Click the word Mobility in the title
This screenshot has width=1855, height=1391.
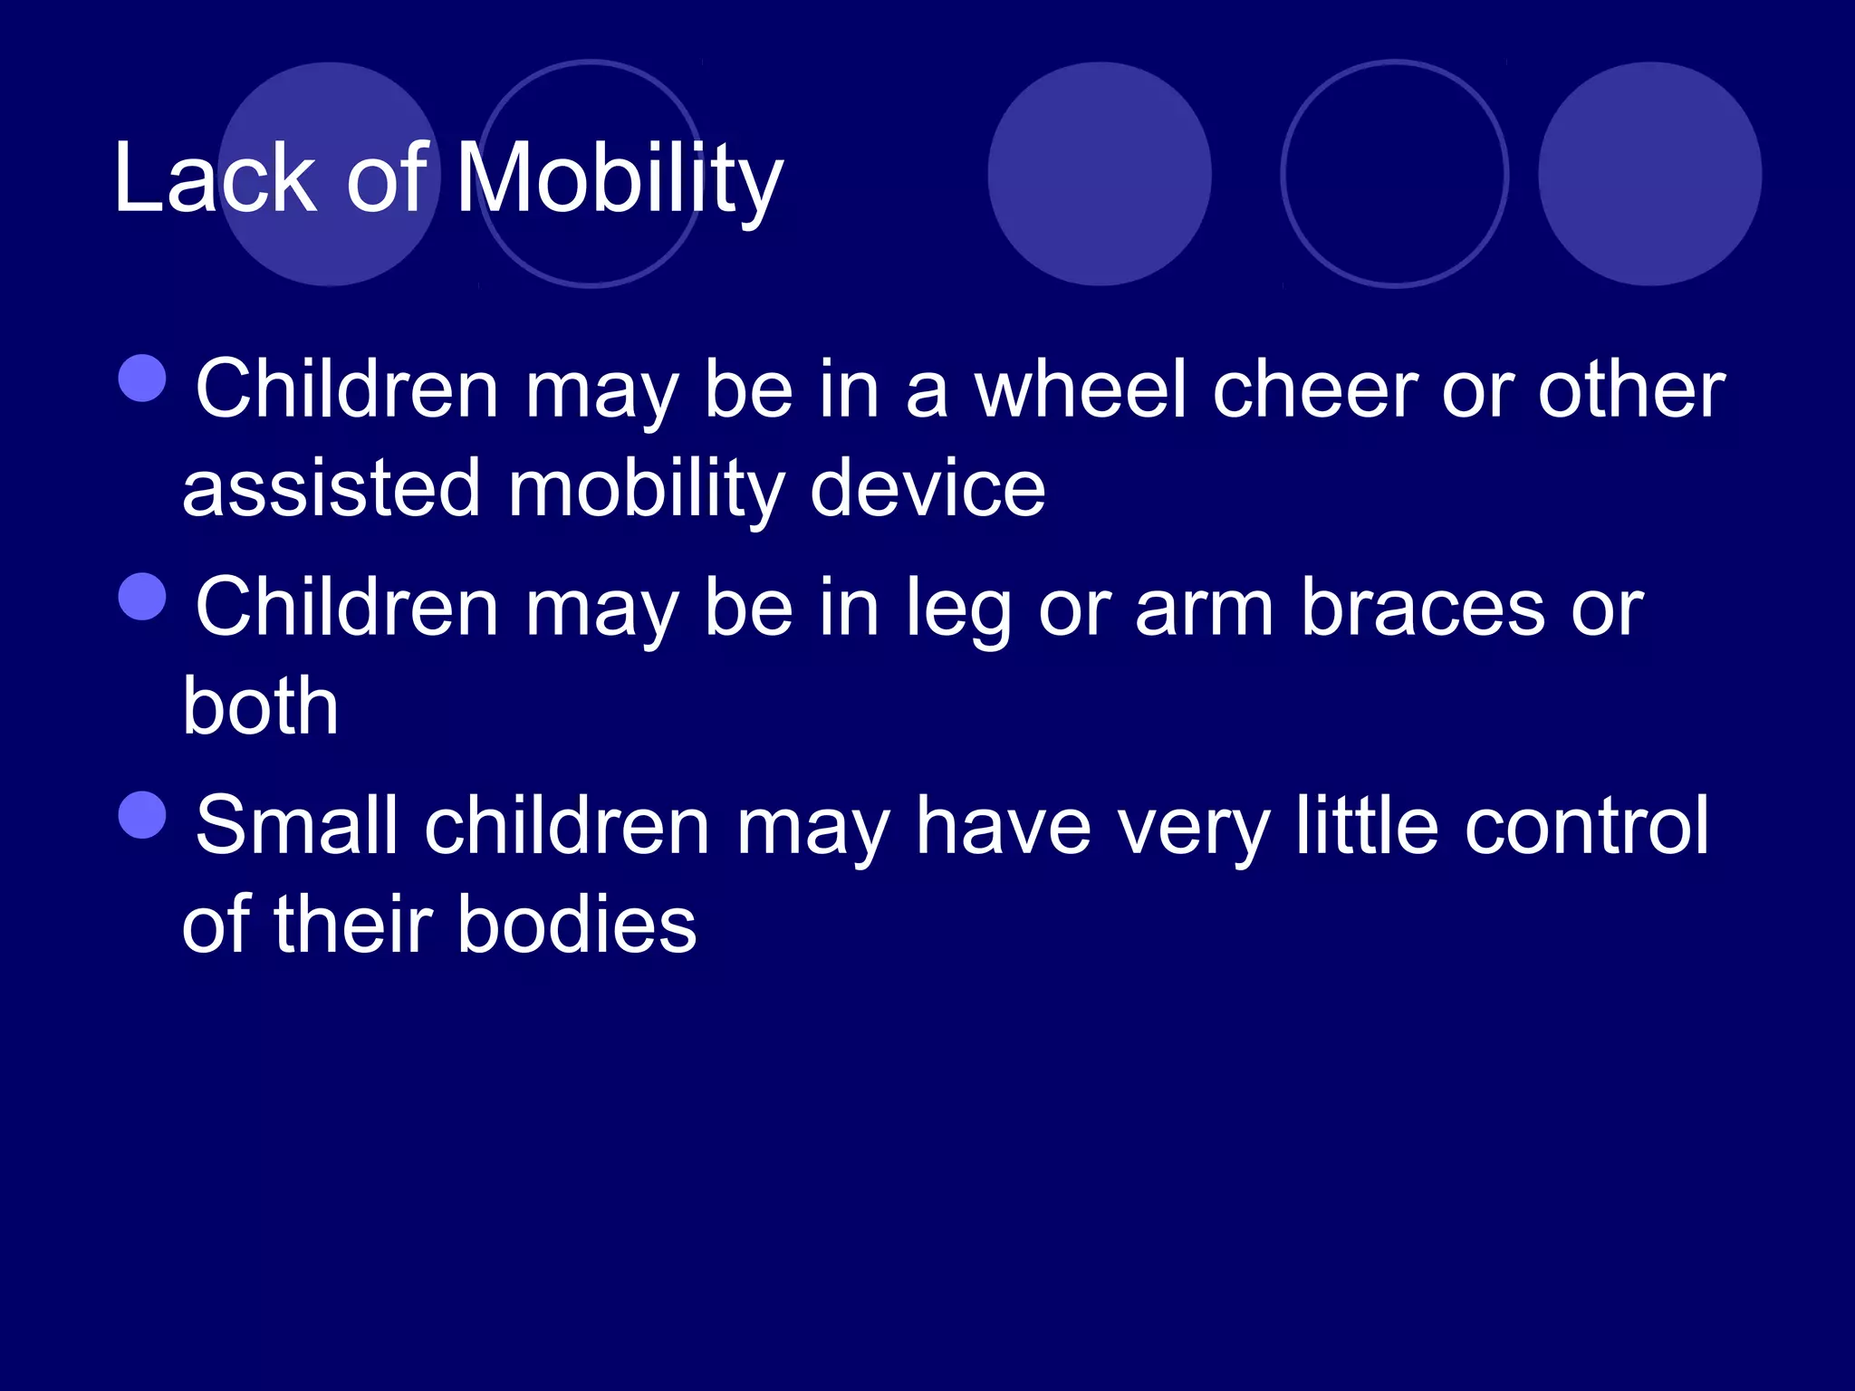(x=619, y=179)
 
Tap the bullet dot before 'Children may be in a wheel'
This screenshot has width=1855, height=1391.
(x=143, y=378)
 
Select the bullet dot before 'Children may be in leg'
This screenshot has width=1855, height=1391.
(x=143, y=597)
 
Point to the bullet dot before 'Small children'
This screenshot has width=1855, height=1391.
(x=143, y=815)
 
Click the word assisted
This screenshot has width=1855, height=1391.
(x=331, y=489)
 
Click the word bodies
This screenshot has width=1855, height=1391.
(x=577, y=925)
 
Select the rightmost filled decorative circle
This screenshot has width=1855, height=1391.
(x=1649, y=174)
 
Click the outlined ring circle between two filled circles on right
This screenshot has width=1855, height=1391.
(x=1394, y=174)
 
